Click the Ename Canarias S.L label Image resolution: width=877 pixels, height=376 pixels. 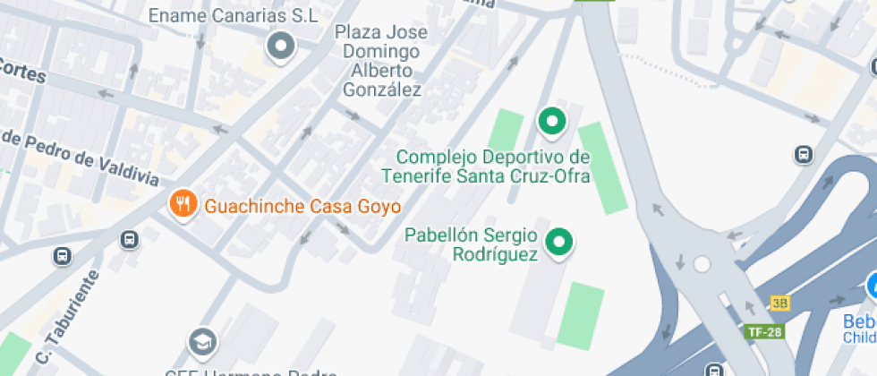tap(233, 15)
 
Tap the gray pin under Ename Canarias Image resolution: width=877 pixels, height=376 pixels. tap(282, 46)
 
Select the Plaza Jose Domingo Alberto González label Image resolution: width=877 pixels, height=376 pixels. tap(381, 61)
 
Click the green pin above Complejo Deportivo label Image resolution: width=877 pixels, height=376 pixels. tap(552, 121)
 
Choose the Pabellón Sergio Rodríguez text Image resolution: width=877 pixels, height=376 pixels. tap(472, 245)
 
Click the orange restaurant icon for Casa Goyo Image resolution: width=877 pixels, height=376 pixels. tap(183, 204)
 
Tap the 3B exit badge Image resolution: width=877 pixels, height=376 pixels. tap(779, 303)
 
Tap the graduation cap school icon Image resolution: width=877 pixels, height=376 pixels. tap(202, 341)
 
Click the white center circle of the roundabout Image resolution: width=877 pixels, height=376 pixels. tap(702, 264)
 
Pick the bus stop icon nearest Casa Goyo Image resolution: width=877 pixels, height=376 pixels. tap(130, 239)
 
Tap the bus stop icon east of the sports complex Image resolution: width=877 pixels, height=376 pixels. tap(804, 154)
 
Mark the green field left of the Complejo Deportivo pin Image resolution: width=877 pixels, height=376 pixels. tap(507, 134)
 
